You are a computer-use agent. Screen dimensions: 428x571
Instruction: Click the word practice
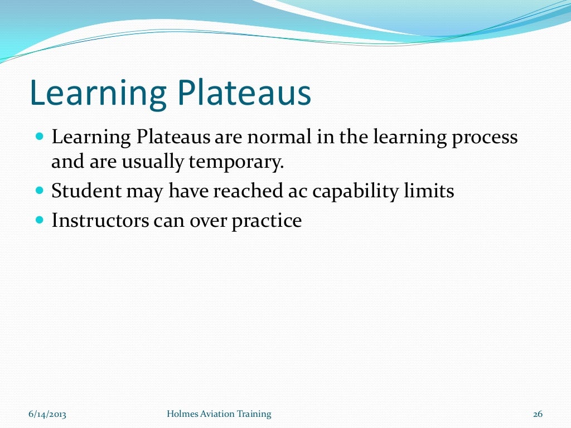click(267, 221)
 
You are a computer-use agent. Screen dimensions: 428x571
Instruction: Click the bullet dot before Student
click(39, 190)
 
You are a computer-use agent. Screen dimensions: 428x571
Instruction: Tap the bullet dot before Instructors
click(39, 220)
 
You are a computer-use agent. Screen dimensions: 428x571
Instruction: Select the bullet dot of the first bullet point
click(39, 136)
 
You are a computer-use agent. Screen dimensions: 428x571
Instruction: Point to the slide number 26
click(538, 414)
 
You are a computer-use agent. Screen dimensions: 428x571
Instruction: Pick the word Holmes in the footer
click(182, 414)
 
